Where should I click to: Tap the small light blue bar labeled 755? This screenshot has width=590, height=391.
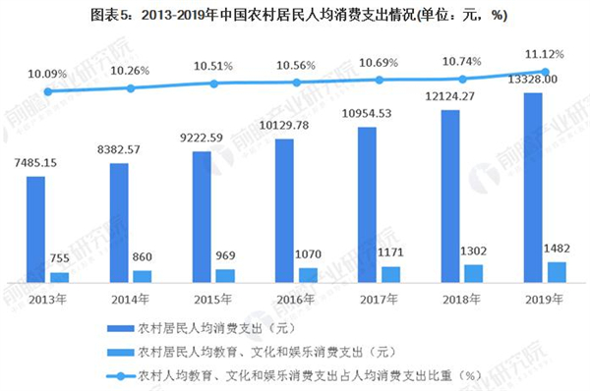coord(60,277)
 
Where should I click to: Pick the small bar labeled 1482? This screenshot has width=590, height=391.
coord(557,272)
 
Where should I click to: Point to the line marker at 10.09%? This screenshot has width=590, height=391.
coord(47,90)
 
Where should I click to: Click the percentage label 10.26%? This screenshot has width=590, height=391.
coord(131,70)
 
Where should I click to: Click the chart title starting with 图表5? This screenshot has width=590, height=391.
coord(295,17)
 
